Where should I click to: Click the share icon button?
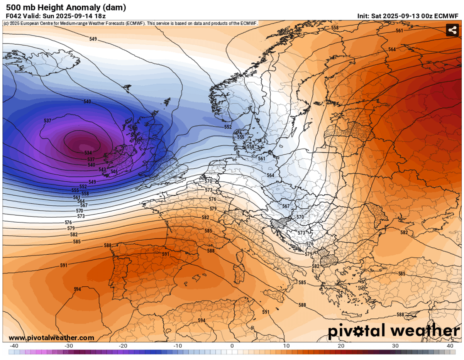tap(452, 30)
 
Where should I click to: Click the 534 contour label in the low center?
tap(88, 153)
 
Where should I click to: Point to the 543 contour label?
tap(102, 170)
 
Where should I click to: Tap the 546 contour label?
tap(114, 172)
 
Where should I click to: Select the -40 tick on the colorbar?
tap(14, 345)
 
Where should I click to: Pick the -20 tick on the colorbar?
tap(123, 345)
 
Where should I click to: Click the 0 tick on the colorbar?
tap(232, 345)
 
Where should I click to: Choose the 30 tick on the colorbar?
tap(395, 345)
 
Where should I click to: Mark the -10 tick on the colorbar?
tap(178, 345)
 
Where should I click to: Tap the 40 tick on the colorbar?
tap(450, 345)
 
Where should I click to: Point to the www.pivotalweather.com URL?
tap(51, 338)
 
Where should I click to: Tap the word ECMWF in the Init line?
tap(447, 16)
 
